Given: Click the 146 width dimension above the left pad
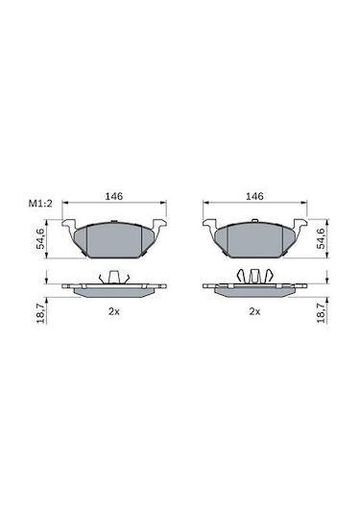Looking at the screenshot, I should (113, 196).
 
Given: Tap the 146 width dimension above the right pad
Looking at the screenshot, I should (254, 196).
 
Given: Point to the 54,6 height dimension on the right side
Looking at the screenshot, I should (321, 237).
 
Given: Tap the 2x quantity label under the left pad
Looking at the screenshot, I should (113, 311).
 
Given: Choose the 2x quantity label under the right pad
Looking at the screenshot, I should (254, 311).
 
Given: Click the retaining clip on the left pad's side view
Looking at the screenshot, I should (113, 278).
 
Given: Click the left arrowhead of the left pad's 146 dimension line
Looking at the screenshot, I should (65, 207).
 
